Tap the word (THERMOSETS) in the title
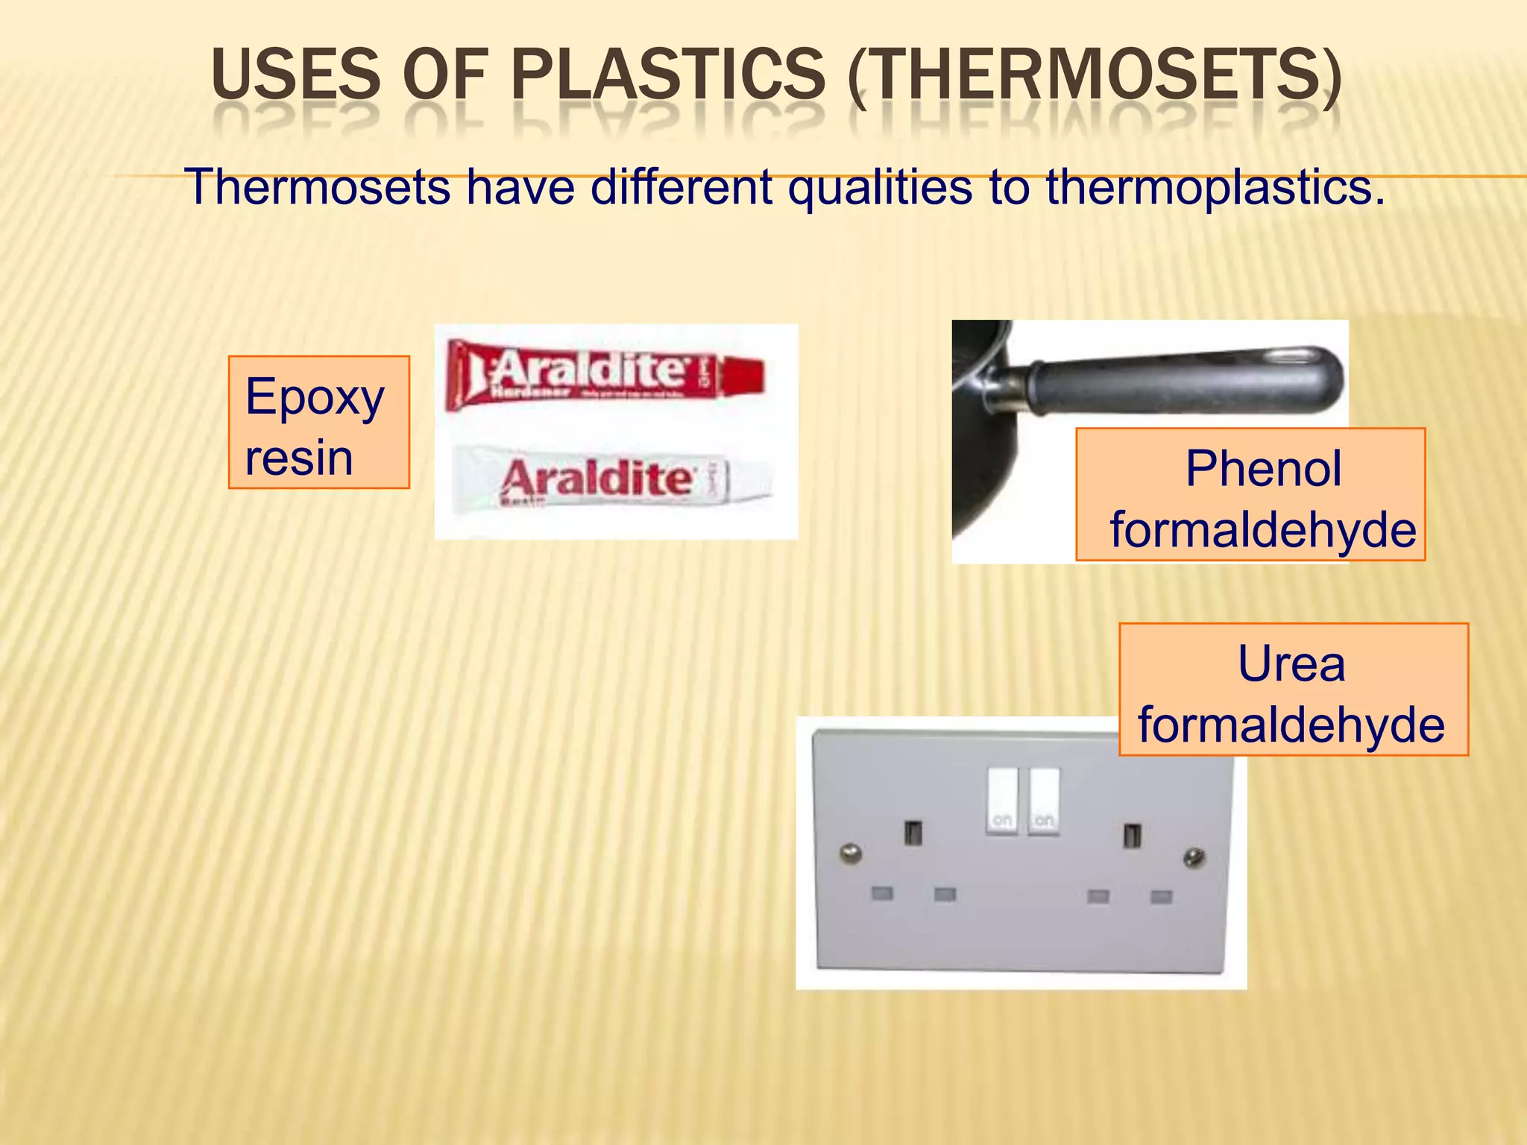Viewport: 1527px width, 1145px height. coord(1094,76)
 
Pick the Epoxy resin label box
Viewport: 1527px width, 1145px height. coord(318,423)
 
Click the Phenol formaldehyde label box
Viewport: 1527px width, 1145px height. coord(1250,495)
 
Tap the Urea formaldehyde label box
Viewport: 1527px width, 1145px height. coord(1293,690)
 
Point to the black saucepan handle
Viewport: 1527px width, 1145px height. coord(1186,380)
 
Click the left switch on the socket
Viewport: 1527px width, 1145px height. coord(1002,800)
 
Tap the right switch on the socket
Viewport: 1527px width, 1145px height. coord(1044,800)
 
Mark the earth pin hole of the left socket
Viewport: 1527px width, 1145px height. coord(913,832)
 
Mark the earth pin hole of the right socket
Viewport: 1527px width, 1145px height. coord(1131,834)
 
